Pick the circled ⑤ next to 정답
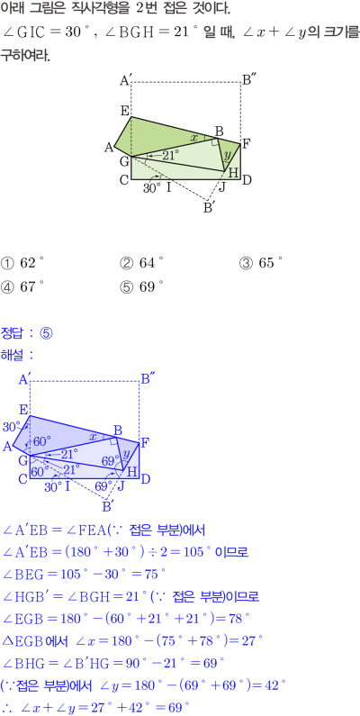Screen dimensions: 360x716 click(x=47, y=333)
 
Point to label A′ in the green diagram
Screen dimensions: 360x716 click(x=126, y=81)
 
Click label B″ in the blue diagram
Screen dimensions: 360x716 click(x=148, y=379)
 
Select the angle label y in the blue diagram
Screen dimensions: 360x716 click(x=127, y=452)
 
